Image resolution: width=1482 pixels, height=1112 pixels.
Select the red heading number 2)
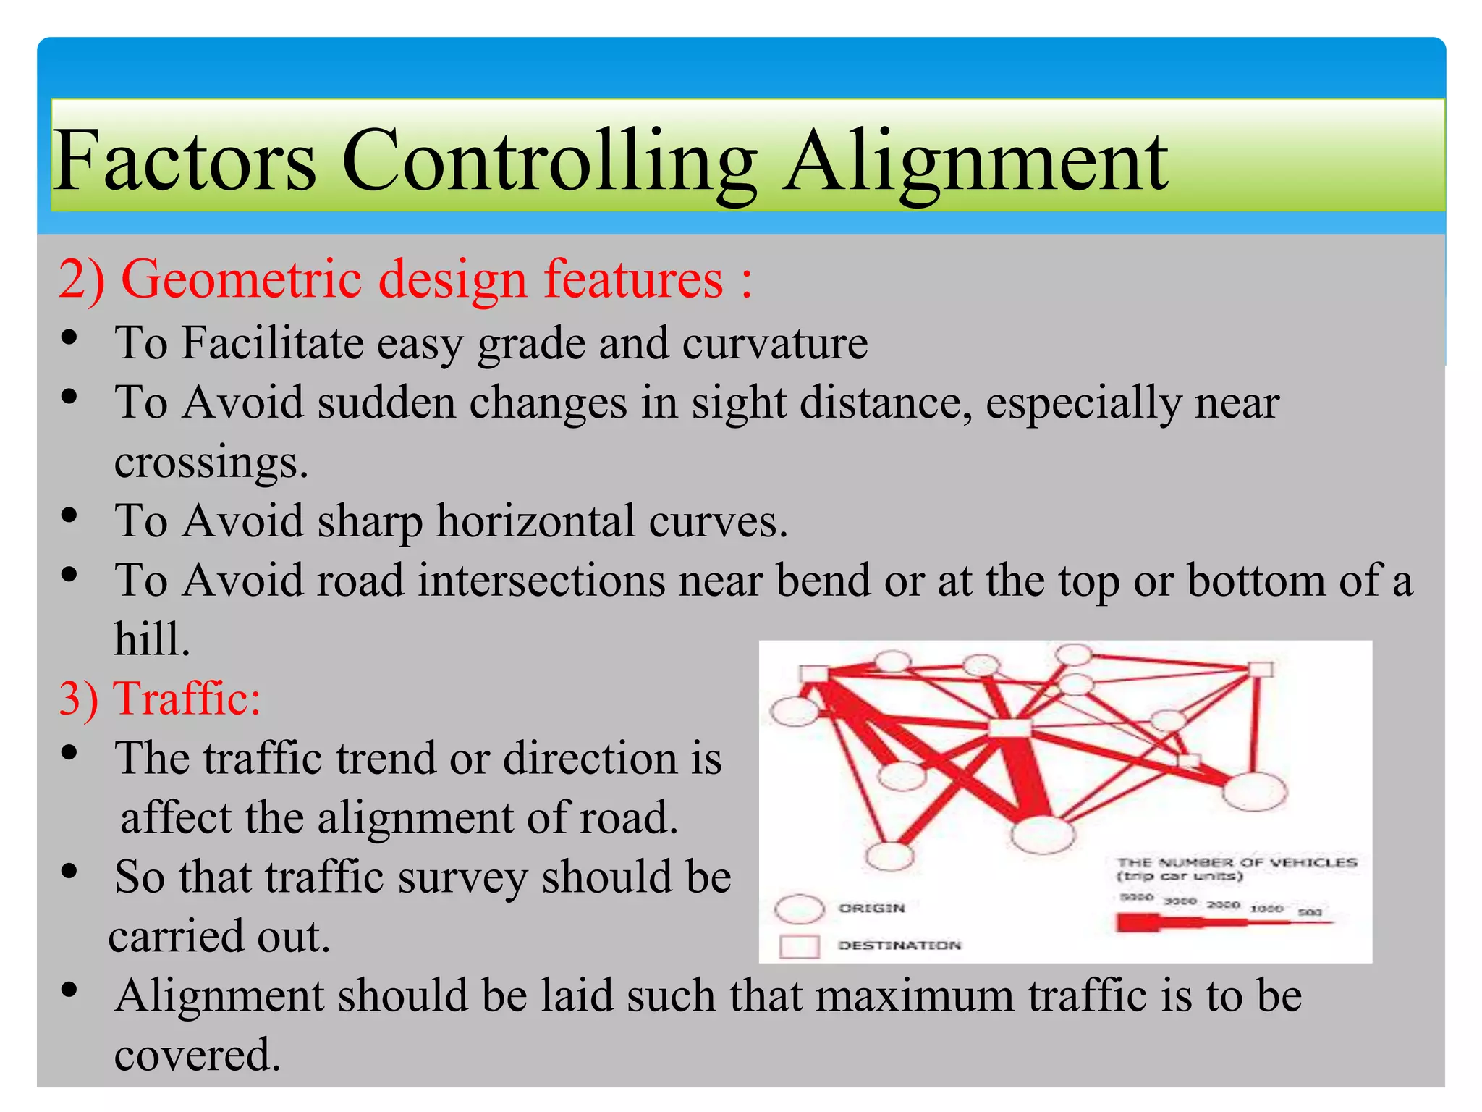click(x=81, y=279)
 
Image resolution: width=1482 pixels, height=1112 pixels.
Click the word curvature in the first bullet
click(x=774, y=343)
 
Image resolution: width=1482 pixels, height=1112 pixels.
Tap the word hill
click(x=152, y=640)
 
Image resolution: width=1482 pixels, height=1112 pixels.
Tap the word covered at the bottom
click(x=197, y=1056)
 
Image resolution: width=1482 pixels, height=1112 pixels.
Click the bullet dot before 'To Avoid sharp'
click(x=69, y=515)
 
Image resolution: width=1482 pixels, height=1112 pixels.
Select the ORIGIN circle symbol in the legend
click(x=799, y=909)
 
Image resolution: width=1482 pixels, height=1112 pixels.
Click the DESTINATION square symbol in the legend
click(x=799, y=946)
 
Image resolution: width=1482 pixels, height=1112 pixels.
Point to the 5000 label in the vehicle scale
click(x=1136, y=897)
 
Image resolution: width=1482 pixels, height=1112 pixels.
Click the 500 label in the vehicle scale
click(x=1310, y=912)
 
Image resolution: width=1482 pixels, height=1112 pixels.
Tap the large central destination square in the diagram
click(x=1010, y=728)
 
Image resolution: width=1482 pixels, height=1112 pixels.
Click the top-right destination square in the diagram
click(x=1261, y=669)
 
